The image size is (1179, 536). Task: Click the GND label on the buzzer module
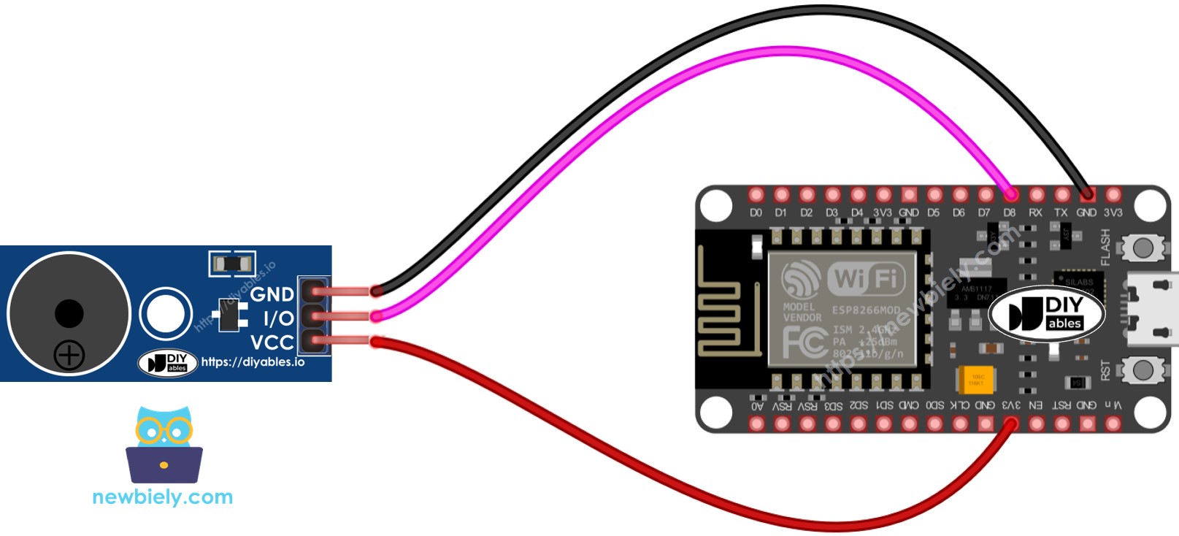pyautogui.click(x=272, y=294)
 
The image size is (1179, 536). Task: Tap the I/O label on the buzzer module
pyautogui.click(x=278, y=318)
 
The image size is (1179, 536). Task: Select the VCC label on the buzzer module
pyautogui.click(x=272, y=342)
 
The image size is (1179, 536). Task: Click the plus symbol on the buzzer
pyautogui.click(x=69, y=356)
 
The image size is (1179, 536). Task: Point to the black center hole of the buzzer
pyautogui.click(x=69, y=314)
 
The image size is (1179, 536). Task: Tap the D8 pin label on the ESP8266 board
pyautogui.click(x=1009, y=213)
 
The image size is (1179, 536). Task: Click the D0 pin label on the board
pyautogui.click(x=756, y=213)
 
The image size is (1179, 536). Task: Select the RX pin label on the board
pyautogui.click(x=1035, y=213)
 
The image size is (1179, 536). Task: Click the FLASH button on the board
pyautogui.click(x=1142, y=248)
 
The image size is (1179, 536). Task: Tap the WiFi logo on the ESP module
pyautogui.click(x=865, y=278)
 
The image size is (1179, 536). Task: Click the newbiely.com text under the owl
pyautogui.click(x=162, y=497)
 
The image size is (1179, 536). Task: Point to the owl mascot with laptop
pyautogui.click(x=164, y=445)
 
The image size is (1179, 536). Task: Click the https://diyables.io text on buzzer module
pyautogui.click(x=253, y=361)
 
